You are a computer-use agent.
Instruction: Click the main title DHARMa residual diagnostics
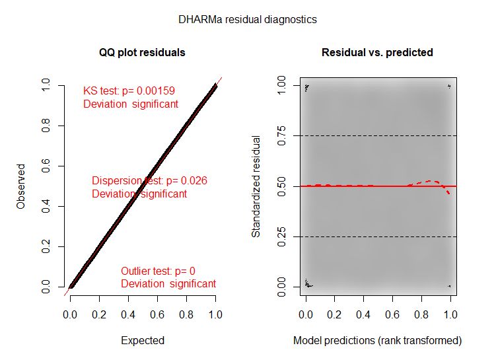coord(248,20)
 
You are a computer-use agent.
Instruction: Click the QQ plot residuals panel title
coord(143,52)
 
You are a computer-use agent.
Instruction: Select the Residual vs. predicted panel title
coord(377,52)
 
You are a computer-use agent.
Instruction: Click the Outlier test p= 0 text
coord(158,271)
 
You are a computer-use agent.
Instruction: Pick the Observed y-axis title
coord(22,186)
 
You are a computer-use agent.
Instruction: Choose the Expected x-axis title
coord(143,341)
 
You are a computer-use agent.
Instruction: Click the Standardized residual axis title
coord(257,186)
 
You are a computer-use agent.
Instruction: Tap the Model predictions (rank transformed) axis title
coord(377,341)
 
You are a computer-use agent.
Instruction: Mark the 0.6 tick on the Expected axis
coord(157,308)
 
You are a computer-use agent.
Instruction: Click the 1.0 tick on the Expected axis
coord(215,308)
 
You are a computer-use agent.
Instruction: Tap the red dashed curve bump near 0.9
coord(433,181)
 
